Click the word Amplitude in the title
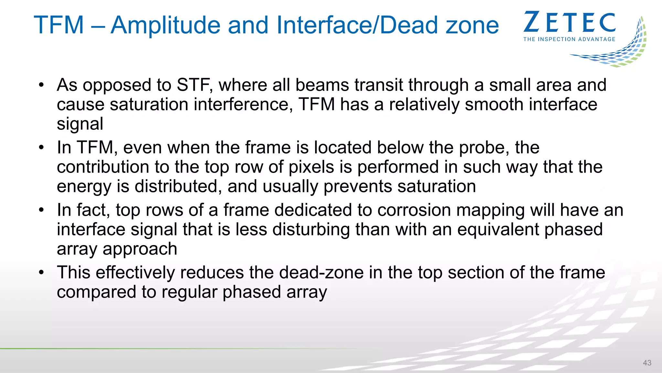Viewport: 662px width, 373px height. (x=190, y=25)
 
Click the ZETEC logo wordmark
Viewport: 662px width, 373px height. (x=569, y=22)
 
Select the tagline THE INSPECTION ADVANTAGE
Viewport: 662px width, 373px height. (x=569, y=39)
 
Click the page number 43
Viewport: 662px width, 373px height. (x=647, y=363)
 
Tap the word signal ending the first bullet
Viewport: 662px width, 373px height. (x=80, y=124)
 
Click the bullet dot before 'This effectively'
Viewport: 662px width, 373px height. (x=41, y=273)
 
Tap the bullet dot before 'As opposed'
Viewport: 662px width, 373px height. (x=41, y=85)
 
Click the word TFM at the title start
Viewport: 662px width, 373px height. (x=59, y=25)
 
